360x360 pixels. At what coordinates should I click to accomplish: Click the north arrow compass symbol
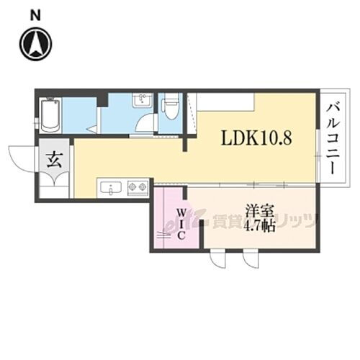coord(34,45)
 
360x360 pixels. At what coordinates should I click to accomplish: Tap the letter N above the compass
coord(34,14)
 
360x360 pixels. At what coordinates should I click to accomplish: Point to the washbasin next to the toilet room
coord(142,101)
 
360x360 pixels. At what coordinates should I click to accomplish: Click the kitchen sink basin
coord(112,189)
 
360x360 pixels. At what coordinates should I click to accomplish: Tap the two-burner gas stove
coord(137,189)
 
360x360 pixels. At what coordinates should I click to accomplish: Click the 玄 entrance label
coord(55,160)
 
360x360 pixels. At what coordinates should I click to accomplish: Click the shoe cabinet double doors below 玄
coord(54,188)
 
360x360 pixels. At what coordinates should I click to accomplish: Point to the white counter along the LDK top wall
coord(223,102)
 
